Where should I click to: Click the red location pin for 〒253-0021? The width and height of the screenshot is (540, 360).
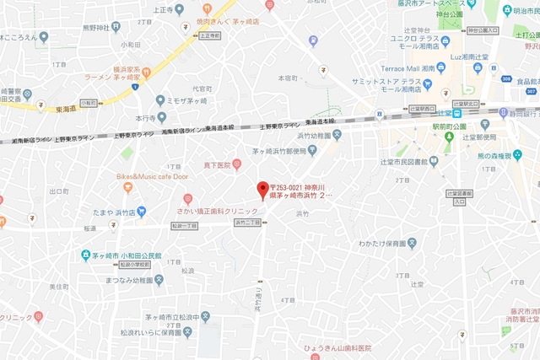tap(262, 188)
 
